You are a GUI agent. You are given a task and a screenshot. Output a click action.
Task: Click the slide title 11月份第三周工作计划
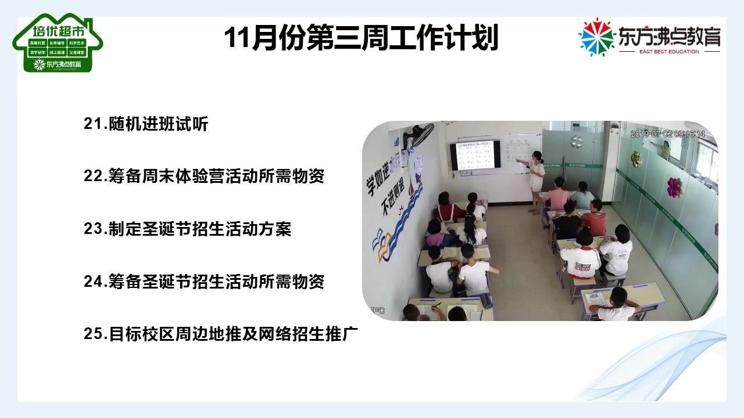361,38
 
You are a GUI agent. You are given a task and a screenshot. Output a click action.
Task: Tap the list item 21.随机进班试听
146,124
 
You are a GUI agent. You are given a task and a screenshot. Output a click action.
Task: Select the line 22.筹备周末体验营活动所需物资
204,176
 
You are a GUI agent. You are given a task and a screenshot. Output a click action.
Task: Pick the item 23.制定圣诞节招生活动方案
187,229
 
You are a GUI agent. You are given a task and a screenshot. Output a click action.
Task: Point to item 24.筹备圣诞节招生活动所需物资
204,282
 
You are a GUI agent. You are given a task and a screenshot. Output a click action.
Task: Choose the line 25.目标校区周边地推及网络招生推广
221,334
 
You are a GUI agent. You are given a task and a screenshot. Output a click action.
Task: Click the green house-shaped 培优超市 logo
57,44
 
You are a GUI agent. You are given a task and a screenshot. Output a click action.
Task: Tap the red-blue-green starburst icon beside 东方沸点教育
596,37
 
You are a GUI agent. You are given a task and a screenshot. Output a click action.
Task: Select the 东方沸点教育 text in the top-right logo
670,36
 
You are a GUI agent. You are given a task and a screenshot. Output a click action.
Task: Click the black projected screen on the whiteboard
474,155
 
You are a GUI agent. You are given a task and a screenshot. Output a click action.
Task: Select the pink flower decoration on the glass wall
674,187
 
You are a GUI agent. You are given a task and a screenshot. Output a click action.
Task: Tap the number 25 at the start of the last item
93,334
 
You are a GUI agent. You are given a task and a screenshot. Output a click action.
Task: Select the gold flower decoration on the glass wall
636,158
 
